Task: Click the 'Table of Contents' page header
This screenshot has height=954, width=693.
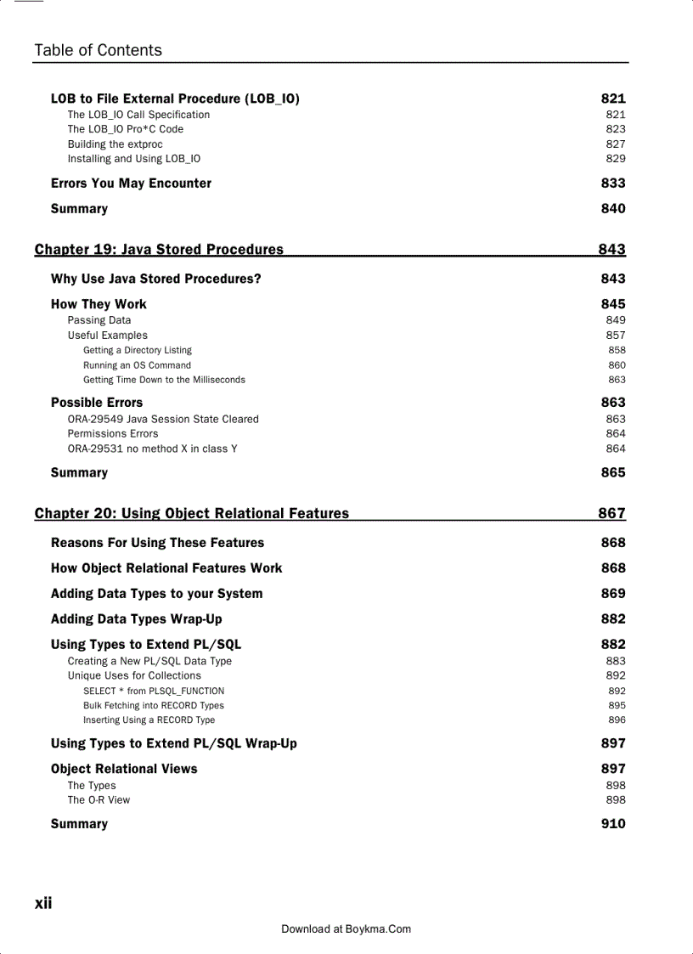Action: (x=98, y=50)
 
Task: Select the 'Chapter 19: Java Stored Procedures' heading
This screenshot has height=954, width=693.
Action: (x=159, y=249)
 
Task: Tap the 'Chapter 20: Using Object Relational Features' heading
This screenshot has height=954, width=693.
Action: (x=191, y=513)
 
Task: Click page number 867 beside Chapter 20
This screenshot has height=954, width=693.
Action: (x=611, y=513)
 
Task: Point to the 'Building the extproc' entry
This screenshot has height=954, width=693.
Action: (x=115, y=144)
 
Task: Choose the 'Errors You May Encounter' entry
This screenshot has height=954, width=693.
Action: (x=131, y=183)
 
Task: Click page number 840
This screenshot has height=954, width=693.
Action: (x=612, y=209)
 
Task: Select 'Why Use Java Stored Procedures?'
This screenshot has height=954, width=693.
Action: (x=155, y=279)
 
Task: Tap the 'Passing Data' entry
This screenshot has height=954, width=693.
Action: (x=99, y=320)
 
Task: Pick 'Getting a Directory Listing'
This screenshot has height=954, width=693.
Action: (x=138, y=350)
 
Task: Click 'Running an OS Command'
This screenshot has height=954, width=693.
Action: (x=137, y=365)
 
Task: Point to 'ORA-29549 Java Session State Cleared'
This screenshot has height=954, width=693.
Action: (x=163, y=419)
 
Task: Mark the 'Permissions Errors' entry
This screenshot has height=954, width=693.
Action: (x=113, y=434)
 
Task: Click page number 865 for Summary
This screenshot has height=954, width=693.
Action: (x=612, y=472)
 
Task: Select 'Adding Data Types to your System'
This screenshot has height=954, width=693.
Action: (x=156, y=594)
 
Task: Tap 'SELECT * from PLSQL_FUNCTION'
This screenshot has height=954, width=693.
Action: (x=154, y=692)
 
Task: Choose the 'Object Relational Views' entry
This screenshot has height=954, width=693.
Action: (x=124, y=769)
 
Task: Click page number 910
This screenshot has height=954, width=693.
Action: (x=612, y=824)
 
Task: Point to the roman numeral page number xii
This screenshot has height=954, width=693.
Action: (x=43, y=903)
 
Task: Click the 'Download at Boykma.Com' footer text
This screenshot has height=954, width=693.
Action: (x=346, y=929)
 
